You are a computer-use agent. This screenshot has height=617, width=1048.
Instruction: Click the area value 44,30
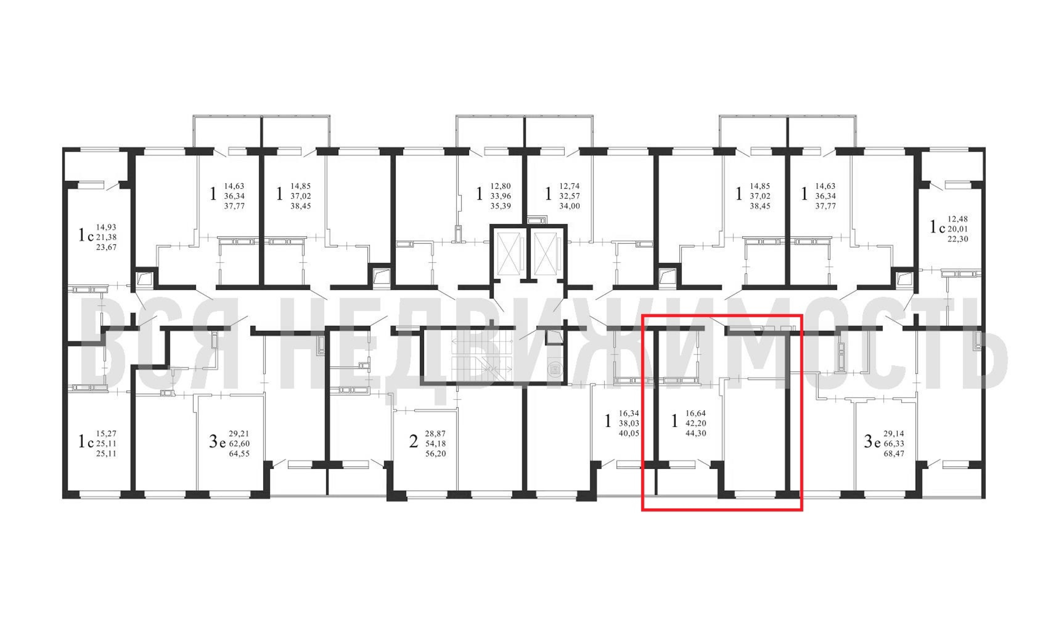tap(696, 433)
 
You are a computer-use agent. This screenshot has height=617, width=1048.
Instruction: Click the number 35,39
tap(500, 206)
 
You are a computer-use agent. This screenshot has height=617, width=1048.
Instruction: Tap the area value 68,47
tap(894, 454)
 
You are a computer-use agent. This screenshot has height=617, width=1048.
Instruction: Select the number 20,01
tap(958, 229)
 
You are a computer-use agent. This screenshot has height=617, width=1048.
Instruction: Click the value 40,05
tap(629, 433)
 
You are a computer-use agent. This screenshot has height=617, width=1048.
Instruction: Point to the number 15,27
tap(106, 434)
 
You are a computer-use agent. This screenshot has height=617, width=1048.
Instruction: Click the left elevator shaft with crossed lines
tap(509, 254)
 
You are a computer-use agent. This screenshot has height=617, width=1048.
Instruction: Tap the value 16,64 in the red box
tap(696, 413)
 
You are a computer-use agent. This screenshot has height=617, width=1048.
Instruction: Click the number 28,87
tap(436, 434)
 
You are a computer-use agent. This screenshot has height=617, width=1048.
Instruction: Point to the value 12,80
tap(500, 186)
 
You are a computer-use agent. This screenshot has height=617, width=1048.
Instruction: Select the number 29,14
tap(894, 434)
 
